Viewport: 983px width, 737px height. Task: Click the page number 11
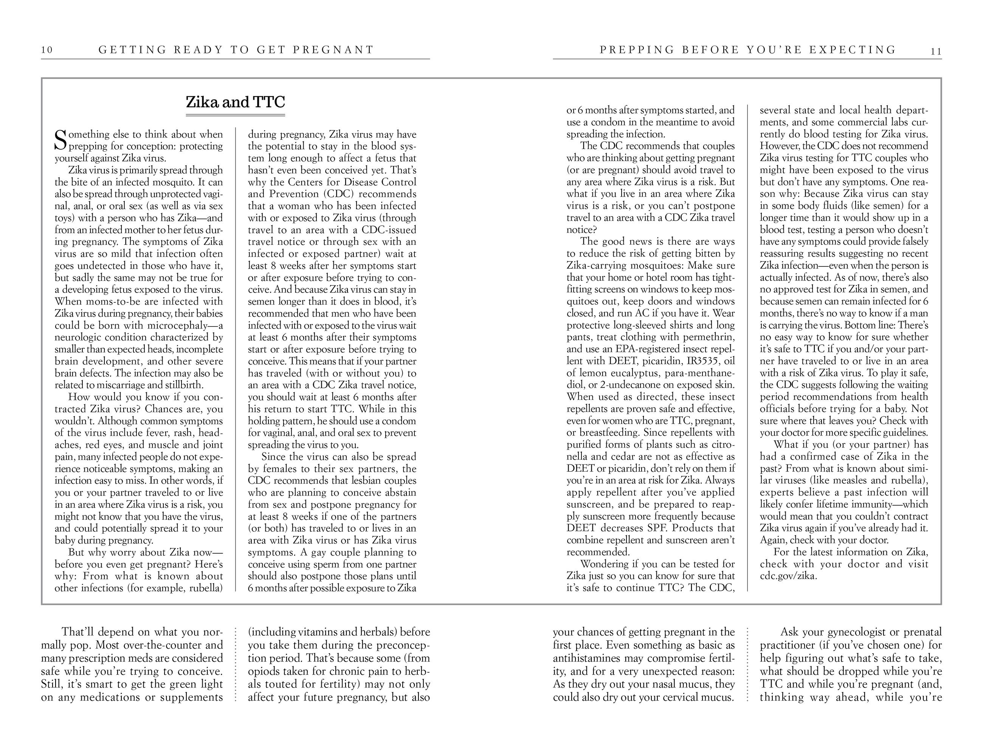pos(935,51)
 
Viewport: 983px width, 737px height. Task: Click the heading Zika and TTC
pos(235,102)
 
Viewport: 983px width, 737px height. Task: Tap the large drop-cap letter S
pos(60,140)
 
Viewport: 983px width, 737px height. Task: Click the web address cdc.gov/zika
pos(788,576)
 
